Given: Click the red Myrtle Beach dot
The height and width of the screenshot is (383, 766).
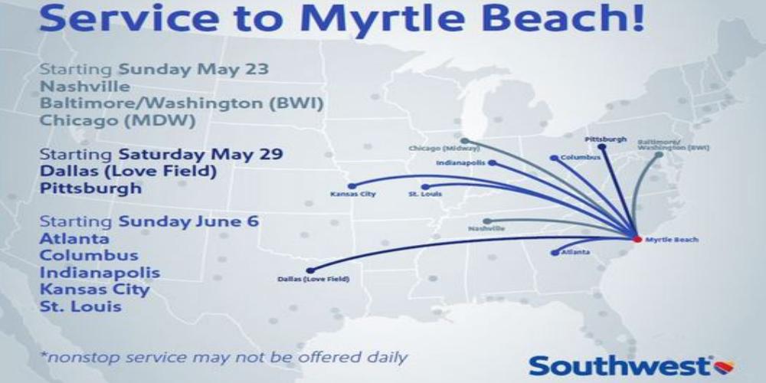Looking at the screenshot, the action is point(637,239).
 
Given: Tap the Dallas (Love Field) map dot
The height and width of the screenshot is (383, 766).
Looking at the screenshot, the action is point(309,270).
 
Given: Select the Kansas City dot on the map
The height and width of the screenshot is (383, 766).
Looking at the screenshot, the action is point(352,186).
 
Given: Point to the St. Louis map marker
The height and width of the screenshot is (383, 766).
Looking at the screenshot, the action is point(425,187).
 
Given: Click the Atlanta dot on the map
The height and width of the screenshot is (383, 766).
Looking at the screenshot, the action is point(555,253).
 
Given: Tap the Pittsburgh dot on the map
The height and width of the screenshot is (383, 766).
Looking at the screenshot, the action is point(602,146).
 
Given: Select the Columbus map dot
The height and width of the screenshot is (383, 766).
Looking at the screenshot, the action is point(554,158).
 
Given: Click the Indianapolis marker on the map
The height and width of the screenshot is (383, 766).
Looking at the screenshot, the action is point(492,162).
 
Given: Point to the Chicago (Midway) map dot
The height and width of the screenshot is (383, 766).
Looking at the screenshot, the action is point(465,141).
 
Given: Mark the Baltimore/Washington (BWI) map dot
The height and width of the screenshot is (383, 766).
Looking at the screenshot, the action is point(659,155).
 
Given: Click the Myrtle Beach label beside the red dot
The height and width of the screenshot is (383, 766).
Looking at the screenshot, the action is point(672,240).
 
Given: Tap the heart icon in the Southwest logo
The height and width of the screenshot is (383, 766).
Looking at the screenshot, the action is point(724,367).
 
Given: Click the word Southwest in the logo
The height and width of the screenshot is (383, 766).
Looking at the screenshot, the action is point(620,366).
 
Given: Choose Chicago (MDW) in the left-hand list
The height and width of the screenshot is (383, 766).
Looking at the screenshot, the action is point(117,120).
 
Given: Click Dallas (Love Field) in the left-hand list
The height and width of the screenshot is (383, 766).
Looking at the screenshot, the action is point(128,172).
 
